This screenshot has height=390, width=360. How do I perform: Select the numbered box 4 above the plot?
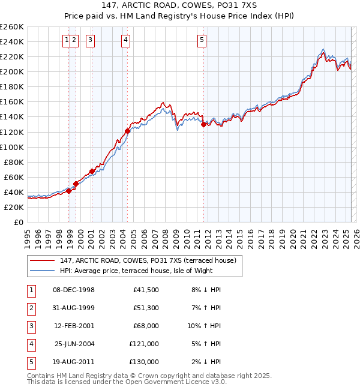(x=125, y=40)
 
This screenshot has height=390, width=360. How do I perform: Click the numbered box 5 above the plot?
(x=202, y=40)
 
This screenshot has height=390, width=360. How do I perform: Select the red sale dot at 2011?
(x=204, y=124)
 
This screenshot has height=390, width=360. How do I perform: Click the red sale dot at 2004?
(x=128, y=131)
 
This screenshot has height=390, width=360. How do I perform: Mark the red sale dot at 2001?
(x=92, y=171)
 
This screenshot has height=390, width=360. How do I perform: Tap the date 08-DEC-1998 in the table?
(x=74, y=290)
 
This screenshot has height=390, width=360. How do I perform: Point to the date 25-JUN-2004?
(x=74, y=344)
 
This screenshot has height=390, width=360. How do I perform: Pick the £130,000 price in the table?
(x=144, y=362)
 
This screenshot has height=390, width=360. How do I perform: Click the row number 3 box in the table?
(x=31, y=326)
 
